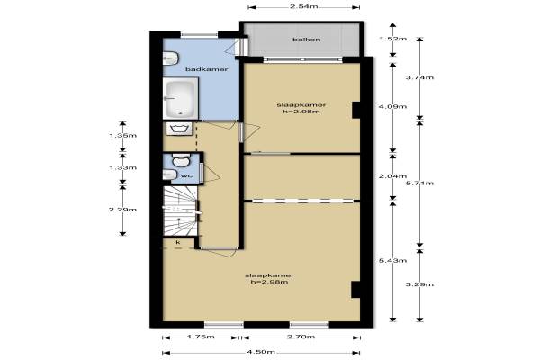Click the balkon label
307,40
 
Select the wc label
186,175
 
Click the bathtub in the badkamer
181,98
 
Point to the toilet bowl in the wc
181,160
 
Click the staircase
180,211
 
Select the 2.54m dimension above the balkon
304,7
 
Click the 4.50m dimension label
261,352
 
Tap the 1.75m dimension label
201,337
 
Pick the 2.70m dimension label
301,337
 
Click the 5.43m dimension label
392,260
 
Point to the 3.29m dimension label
419,284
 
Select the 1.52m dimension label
393,39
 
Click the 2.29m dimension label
122,210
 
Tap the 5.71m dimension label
419,183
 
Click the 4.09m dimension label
392,106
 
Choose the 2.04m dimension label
392,176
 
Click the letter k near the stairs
178,242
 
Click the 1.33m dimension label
123,167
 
